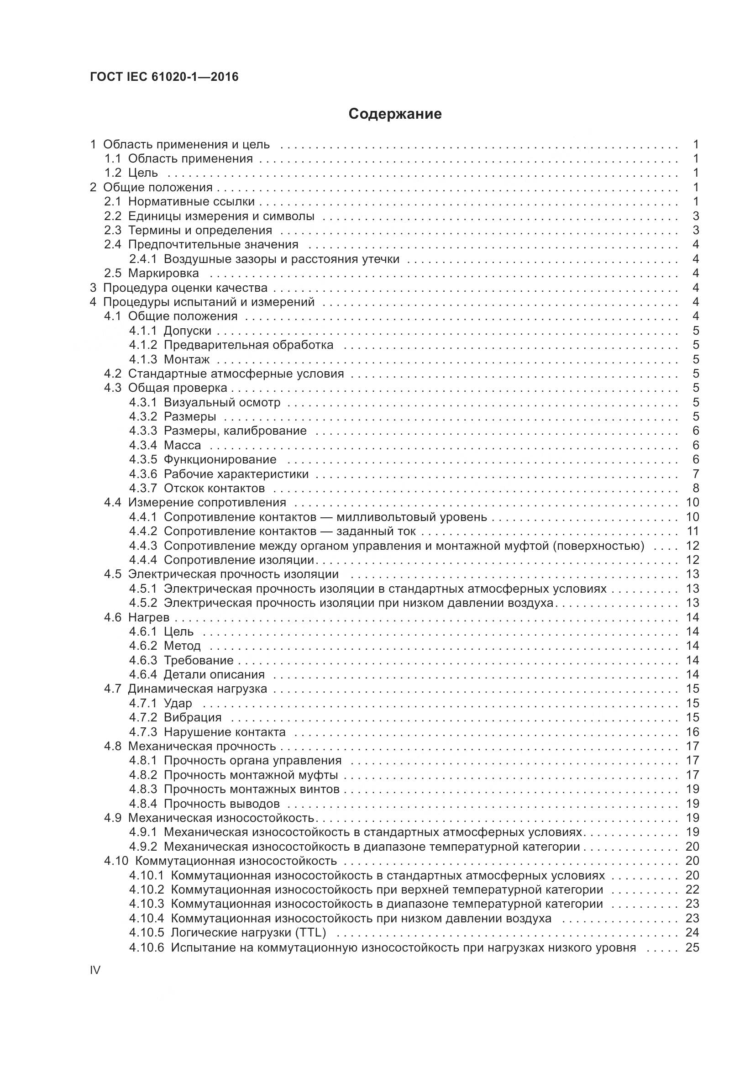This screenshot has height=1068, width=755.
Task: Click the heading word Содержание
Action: pos(395,114)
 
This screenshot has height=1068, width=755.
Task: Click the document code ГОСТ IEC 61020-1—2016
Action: pos(164,77)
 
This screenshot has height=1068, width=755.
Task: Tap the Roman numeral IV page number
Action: pos(95,970)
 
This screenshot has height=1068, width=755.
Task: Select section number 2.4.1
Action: pos(143,259)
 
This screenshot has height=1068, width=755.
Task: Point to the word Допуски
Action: pos(187,331)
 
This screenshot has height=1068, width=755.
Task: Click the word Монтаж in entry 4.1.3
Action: pos(186,359)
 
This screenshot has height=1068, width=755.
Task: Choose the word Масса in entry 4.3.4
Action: pos(182,445)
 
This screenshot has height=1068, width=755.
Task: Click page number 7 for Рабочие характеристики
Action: pos(696,474)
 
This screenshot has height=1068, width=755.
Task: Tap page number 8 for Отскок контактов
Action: pos(696,488)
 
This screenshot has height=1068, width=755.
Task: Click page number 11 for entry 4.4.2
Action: pos(692,531)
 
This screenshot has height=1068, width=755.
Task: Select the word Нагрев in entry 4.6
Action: pos(149,617)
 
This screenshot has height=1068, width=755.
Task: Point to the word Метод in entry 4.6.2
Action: pos(182,646)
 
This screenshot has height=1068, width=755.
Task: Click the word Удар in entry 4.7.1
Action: pos(178,703)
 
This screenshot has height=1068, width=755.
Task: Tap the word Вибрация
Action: pos(193,717)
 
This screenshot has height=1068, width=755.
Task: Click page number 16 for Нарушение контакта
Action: pos(692,731)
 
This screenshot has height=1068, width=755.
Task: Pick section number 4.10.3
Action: pos(147,904)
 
